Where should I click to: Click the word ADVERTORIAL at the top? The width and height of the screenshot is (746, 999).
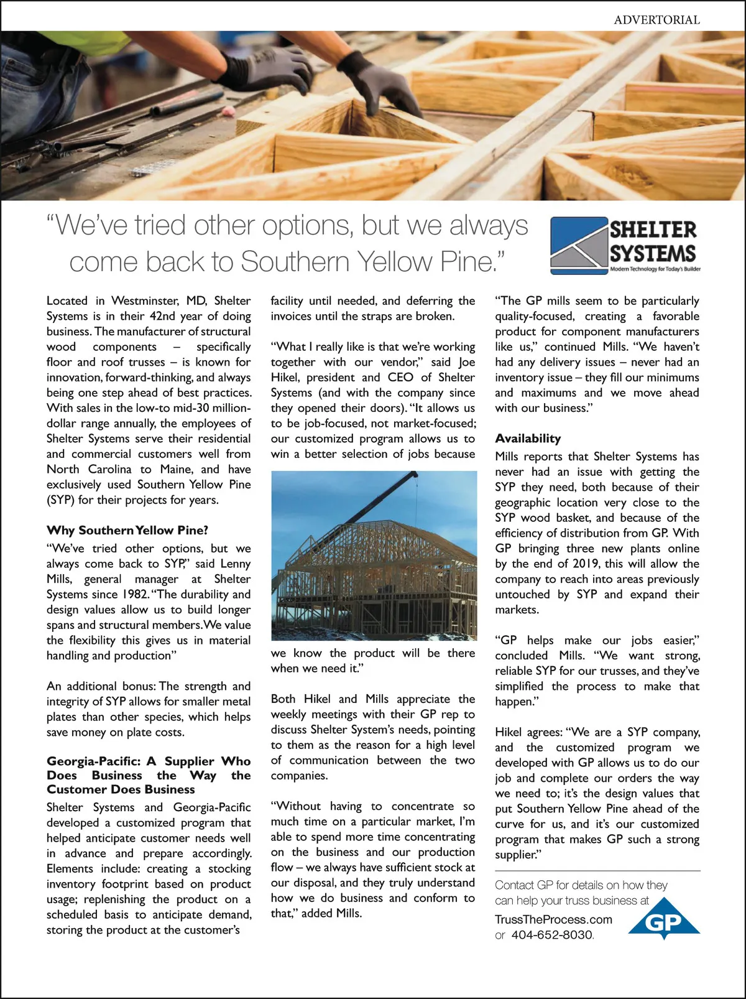pyautogui.click(x=656, y=20)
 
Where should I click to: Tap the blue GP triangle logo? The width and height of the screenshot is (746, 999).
pyautogui.click(x=664, y=918)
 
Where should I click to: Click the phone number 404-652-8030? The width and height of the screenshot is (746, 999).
pyautogui.click(x=552, y=935)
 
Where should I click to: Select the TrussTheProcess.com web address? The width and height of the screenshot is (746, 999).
pyautogui.click(x=553, y=919)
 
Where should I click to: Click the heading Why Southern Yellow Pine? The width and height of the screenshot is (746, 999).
pyautogui.click(x=127, y=530)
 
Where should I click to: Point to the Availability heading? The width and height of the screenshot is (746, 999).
pyautogui.click(x=528, y=438)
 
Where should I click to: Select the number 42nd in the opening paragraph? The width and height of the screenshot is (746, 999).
pyautogui.click(x=163, y=316)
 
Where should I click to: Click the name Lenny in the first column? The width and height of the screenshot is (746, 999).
pyautogui.click(x=236, y=564)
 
